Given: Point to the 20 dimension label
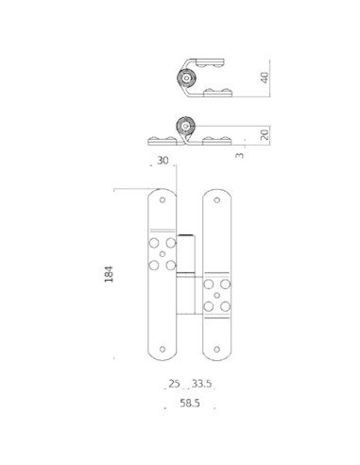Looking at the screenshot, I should [266, 134].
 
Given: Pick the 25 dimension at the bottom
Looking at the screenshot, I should [174, 385].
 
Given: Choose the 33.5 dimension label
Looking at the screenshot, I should [202, 385].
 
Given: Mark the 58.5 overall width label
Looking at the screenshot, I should [188, 405].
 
